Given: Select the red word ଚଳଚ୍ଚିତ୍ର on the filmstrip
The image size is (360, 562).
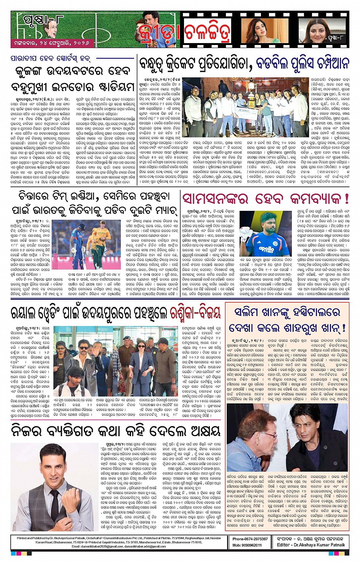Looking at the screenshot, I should click(x=208, y=32).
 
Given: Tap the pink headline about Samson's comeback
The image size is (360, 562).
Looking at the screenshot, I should click(x=266, y=199).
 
